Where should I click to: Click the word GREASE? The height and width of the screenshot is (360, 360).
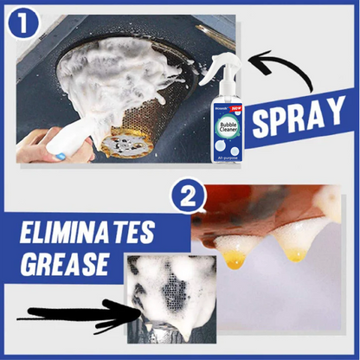[63, 265]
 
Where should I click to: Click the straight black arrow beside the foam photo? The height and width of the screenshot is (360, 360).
[69, 319]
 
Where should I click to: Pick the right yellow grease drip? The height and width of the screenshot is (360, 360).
[295, 252]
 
